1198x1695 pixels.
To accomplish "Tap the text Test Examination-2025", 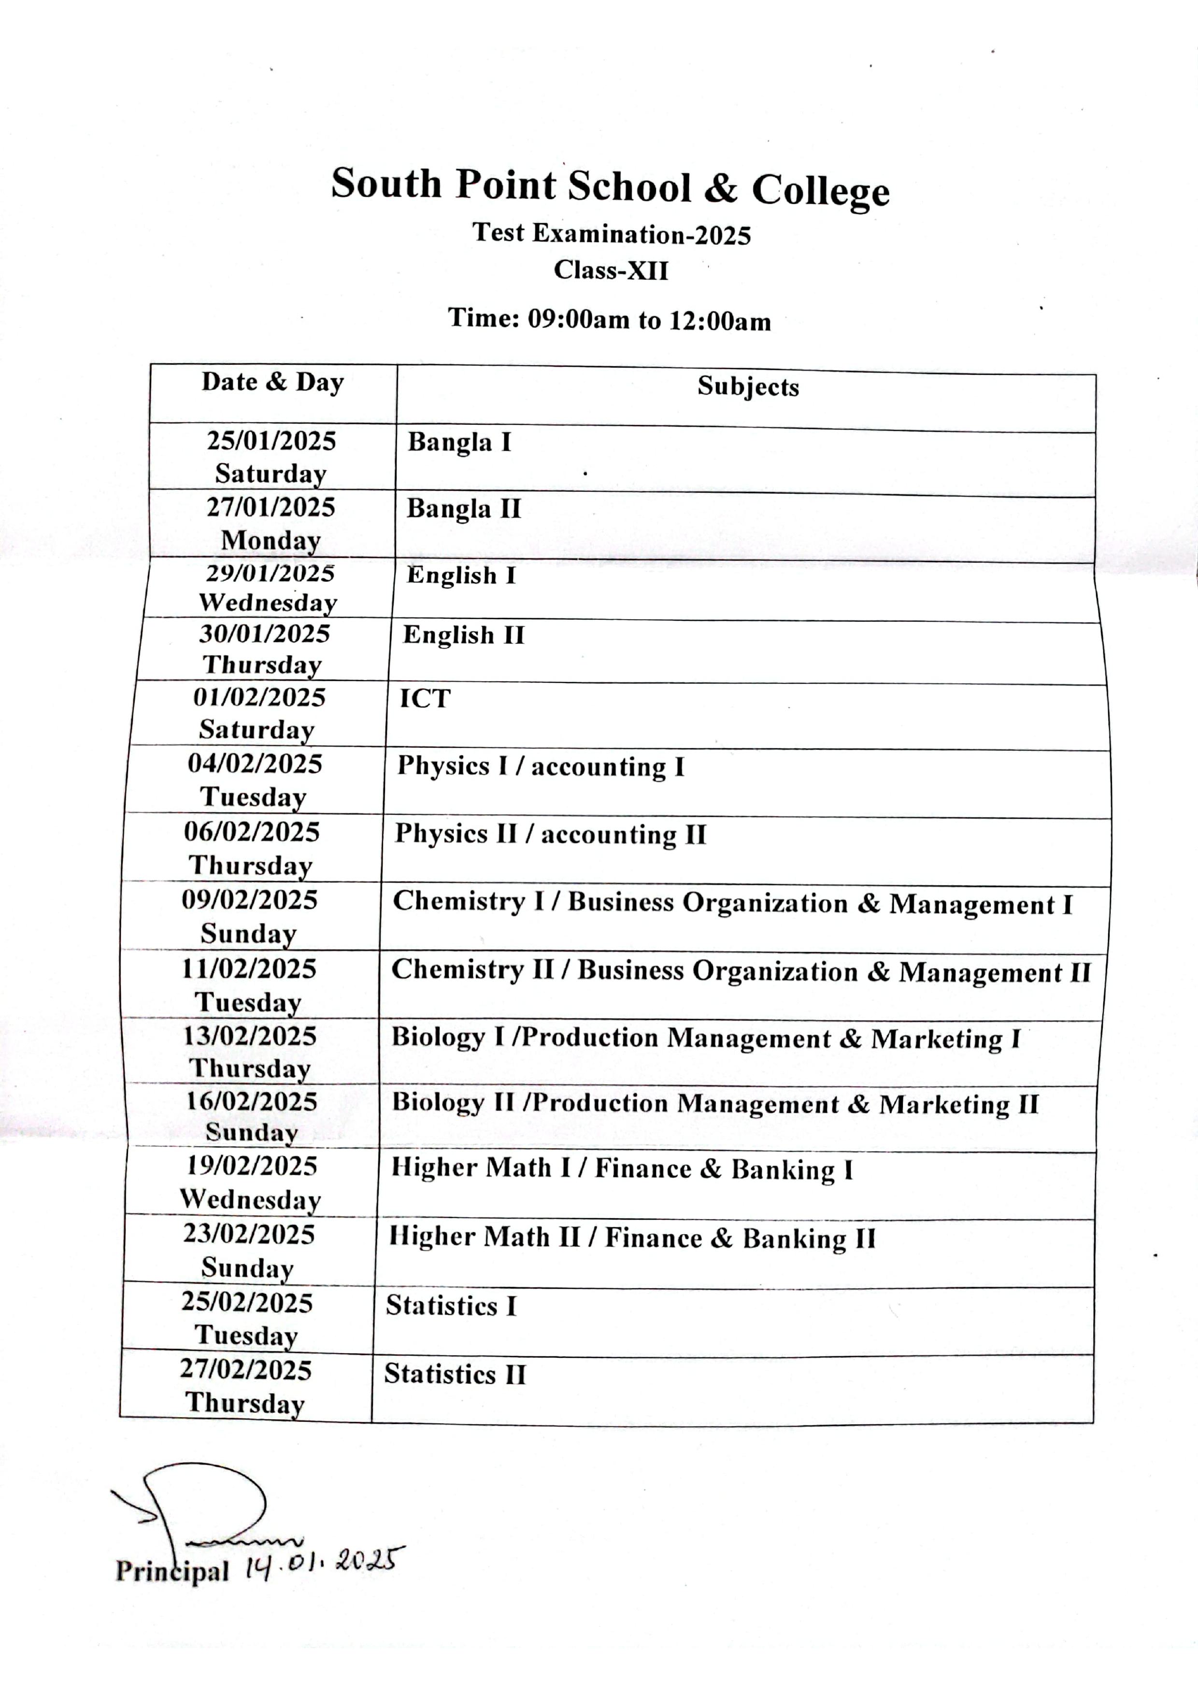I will click(611, 234).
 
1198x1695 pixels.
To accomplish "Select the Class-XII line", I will click(611, 270).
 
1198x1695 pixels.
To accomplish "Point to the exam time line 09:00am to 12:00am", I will click(610, 320).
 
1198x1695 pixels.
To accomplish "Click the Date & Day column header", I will click(272, 383).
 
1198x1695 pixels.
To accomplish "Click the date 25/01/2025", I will click(271, 441).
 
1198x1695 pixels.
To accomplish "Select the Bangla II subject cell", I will click(464, 509).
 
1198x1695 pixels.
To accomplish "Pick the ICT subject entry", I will click(425, 698).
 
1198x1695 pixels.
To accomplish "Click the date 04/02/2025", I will click(255, 763).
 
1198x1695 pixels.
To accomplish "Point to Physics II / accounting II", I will click(550, 834).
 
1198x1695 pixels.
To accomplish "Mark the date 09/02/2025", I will click(249, 900).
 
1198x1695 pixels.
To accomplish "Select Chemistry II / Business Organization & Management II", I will click(741, 971).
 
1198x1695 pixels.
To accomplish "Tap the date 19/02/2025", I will click(251, 1166).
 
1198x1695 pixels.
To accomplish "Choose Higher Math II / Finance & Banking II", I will click(632, 1238).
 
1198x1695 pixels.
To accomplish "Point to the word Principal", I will click(172, 1570).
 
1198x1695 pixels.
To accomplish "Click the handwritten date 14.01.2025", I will click(324, 1564).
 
